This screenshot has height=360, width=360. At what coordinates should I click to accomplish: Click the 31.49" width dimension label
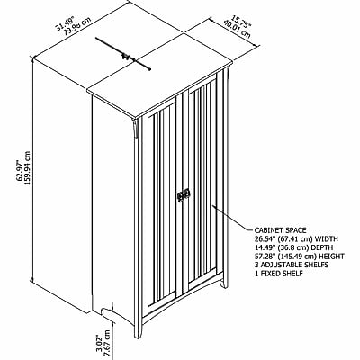[65, 24]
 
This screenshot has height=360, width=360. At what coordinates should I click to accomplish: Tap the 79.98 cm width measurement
[76, 26]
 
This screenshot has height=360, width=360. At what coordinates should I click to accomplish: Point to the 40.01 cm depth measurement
[237, 29]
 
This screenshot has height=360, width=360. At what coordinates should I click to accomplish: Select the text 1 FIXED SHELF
[279, 274]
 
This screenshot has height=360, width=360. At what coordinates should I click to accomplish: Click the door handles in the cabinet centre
[183, 195]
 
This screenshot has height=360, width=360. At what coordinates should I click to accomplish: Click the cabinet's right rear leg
[223, 281]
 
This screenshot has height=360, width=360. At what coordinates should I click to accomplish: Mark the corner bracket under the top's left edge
[136, 129]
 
